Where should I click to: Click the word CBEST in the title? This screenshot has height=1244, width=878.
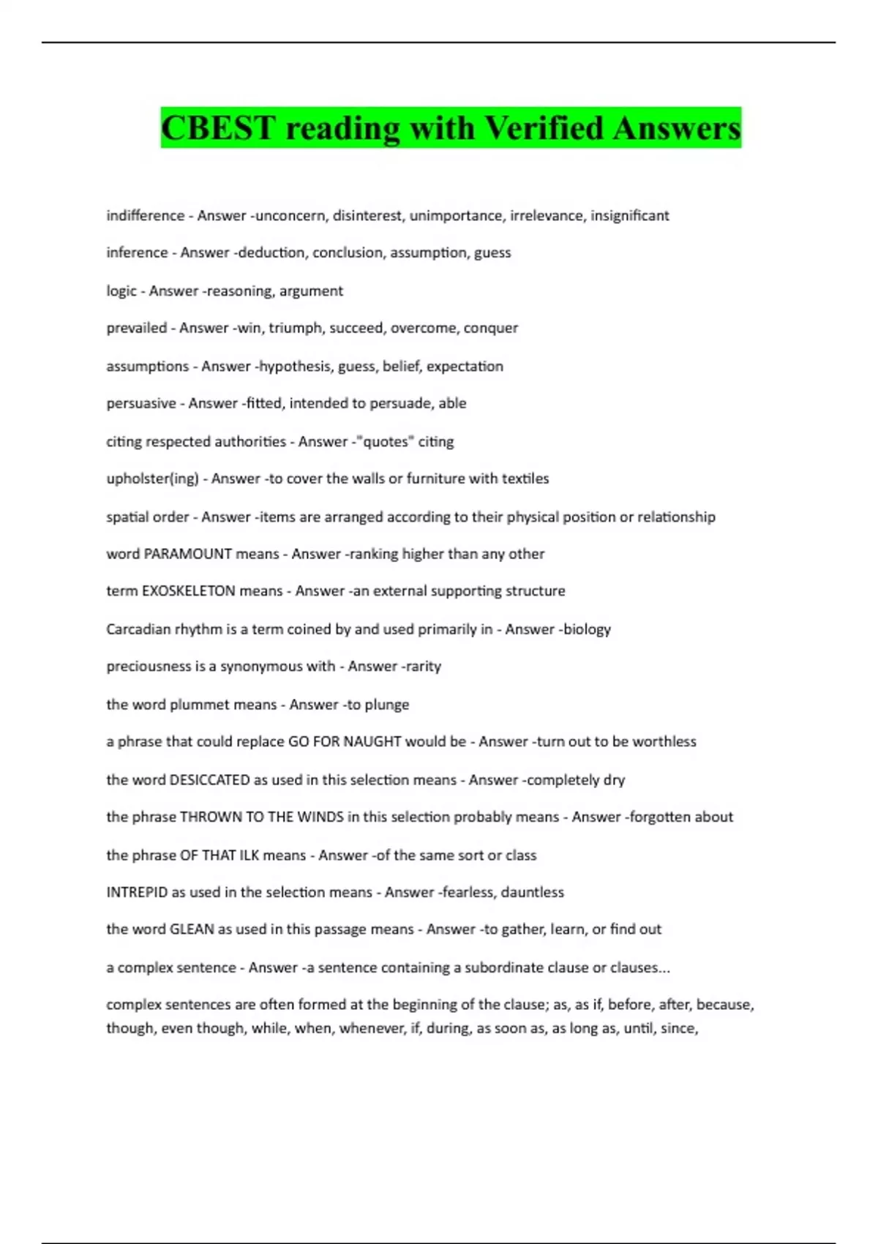[x=217, y=128]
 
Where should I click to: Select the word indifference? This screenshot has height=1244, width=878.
[x=145, y=216]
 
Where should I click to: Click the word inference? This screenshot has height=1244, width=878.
[x=137, y=252]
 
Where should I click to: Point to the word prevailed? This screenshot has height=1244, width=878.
[x=136, y=328]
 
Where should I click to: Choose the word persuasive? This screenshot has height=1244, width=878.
[x=141, y=403]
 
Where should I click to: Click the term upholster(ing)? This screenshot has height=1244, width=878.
[x=152, y=479]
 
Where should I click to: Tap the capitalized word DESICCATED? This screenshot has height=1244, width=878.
[x=209, y=780]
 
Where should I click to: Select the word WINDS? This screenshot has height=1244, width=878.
[x=320, y=817]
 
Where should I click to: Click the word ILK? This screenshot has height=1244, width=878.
[x=249, y=855]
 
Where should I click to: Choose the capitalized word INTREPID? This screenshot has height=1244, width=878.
[x=136, y=893]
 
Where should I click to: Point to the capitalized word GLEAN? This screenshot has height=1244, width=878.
[x=192, y=929]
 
